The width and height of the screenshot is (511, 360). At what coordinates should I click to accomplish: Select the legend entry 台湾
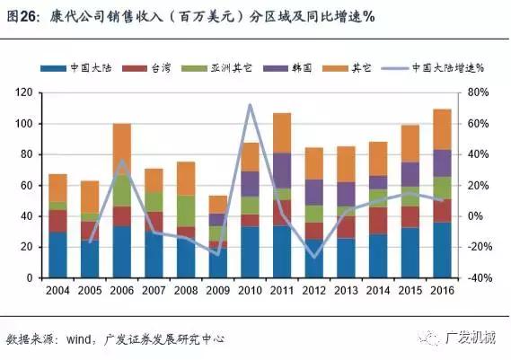pyautogui.click(x=156, y=68)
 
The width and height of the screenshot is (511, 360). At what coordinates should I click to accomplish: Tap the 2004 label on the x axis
pyautogui.click(x=57, y=290)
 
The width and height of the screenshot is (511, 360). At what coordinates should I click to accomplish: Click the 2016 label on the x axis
pyautogui.click(x=441, y=290)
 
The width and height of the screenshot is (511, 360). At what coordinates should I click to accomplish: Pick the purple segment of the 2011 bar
pyautogui.click(x=281, y=171)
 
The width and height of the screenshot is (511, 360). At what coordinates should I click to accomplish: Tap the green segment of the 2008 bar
pyautogui.click(x=185, y=210)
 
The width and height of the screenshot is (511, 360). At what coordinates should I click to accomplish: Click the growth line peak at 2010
pyautogui.click(x=249, y=105)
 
